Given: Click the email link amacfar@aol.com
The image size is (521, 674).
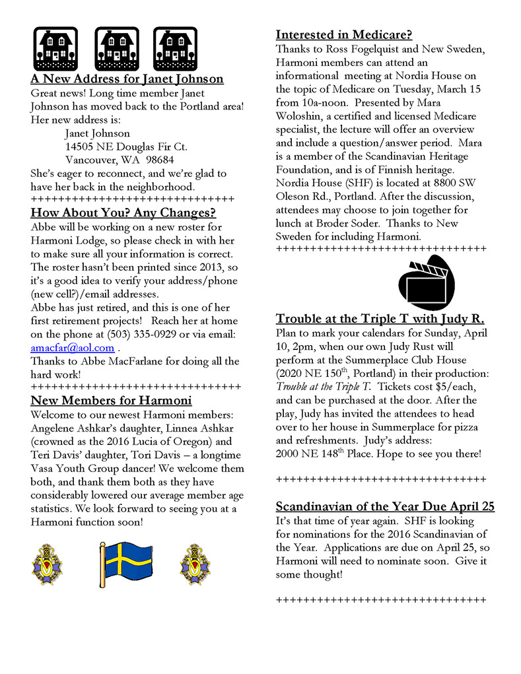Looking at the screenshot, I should pyautogui.click(x=73, y=348).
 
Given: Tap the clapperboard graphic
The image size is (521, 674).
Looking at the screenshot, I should pyautogui.click(x=426, y=283).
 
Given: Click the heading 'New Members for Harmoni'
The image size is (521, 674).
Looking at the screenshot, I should pyautogui.click(x=111, y=401).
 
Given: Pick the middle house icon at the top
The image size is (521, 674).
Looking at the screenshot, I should pyautogui.click(x=116, y=49).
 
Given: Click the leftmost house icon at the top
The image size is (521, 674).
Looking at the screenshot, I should pyautogui.click(x=55, y=49).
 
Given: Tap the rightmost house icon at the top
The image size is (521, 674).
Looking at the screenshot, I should pyautogui.click(x=176, y=49).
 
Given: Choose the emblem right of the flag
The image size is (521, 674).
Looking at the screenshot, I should pyautogui.click(x=195, y=564).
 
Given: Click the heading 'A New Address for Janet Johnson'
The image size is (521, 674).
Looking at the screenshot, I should pyautogui.click(x=127, y=79).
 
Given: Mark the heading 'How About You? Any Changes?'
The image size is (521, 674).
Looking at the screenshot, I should pyautogui.click(x=123, y=213).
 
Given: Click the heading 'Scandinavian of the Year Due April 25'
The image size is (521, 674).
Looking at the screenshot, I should pyautogui.click(x=385, y=507).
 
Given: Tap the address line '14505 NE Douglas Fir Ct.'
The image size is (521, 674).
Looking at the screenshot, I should pyautogui.click(x=126, y=147).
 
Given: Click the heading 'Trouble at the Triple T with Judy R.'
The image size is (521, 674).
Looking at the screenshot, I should pyautogui.click(x=380, y=319).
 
